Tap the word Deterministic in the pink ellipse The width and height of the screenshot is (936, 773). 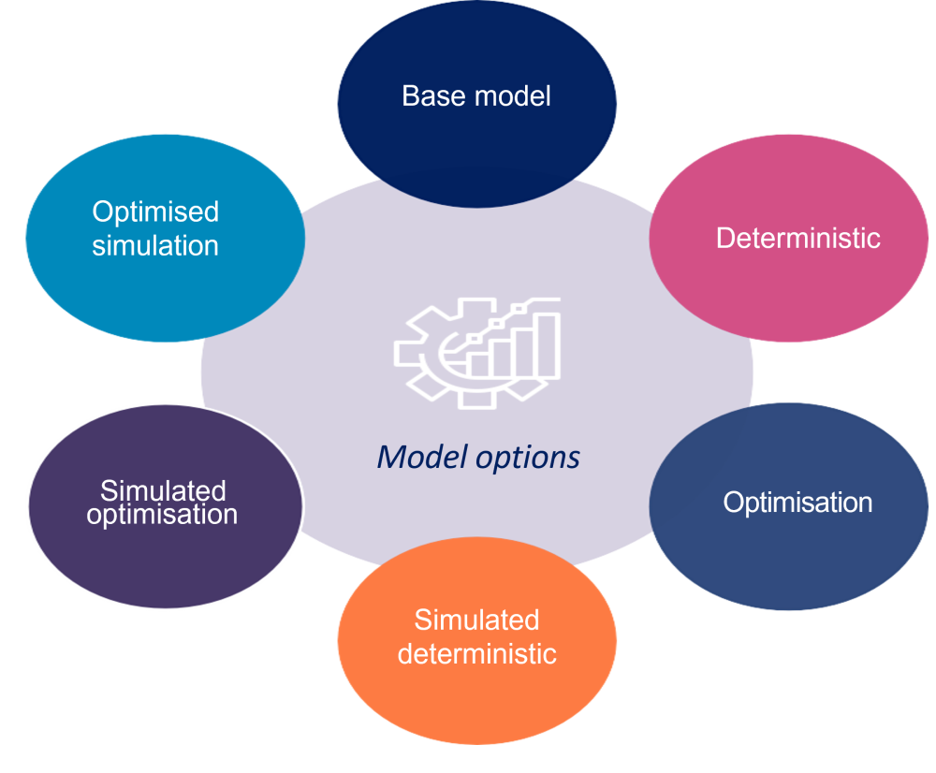tap(797, 239)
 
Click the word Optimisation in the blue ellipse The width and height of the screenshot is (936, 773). tap(797, 503)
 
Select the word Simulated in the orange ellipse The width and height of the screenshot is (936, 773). tap(477, 620)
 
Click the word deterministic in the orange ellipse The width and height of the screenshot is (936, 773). tap(477, 652)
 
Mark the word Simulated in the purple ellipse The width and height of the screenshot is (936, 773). tap(163, 491)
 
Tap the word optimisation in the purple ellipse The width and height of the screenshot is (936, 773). tap(162, 515)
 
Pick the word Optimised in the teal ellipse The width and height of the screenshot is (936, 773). tap(155, 212)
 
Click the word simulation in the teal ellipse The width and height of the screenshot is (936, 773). tap(155, 246)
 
